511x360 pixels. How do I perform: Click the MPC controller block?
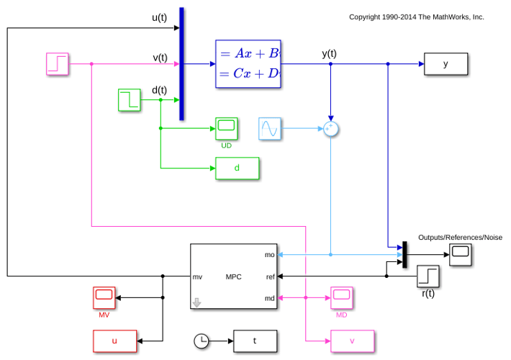pos(234,276)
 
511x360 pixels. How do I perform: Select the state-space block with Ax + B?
pos(248,64)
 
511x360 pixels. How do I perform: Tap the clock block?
pos(202,341)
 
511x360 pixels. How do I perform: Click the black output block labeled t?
pos(256,341)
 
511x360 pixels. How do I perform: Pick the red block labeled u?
pos(114,341)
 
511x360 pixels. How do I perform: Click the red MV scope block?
pos(104,297)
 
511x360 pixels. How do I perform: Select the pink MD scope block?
pos(342,297)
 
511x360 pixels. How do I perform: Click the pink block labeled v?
pos(352,341)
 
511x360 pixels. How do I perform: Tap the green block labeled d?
pos(238,168)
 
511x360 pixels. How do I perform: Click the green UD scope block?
pos(227,128)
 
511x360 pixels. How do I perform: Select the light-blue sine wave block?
pos(269,129)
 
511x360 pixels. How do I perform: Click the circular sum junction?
pos(331,129)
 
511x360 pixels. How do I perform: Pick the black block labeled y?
pos(446,64)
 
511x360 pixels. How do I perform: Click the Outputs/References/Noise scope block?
pos(461,255)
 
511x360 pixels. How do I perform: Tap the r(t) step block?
pos(428,276)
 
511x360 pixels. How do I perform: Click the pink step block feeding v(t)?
pos(58,64)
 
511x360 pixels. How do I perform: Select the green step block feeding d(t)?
pos(130,100)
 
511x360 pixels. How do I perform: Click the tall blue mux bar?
pos(181,64)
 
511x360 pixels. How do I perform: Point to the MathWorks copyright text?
pos(417,17)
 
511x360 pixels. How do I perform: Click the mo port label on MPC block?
pos(269,255)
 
